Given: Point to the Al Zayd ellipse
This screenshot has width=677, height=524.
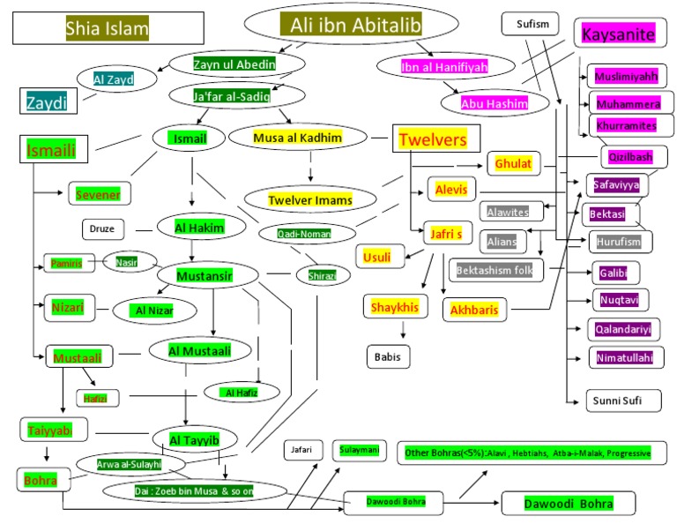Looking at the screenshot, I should pyautogui.click(x=118, y=79).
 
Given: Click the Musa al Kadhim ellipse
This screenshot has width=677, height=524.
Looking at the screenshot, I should pyautogui.click(x=297, y=138).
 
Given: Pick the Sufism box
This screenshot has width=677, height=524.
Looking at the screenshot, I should pyautogui.click(x=531, y=24).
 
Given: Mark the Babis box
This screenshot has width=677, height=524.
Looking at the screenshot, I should pyautogui.click(x=389, y=356).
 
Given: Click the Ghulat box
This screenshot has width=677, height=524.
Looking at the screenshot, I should pyautogui.click(x=512, y=163).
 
